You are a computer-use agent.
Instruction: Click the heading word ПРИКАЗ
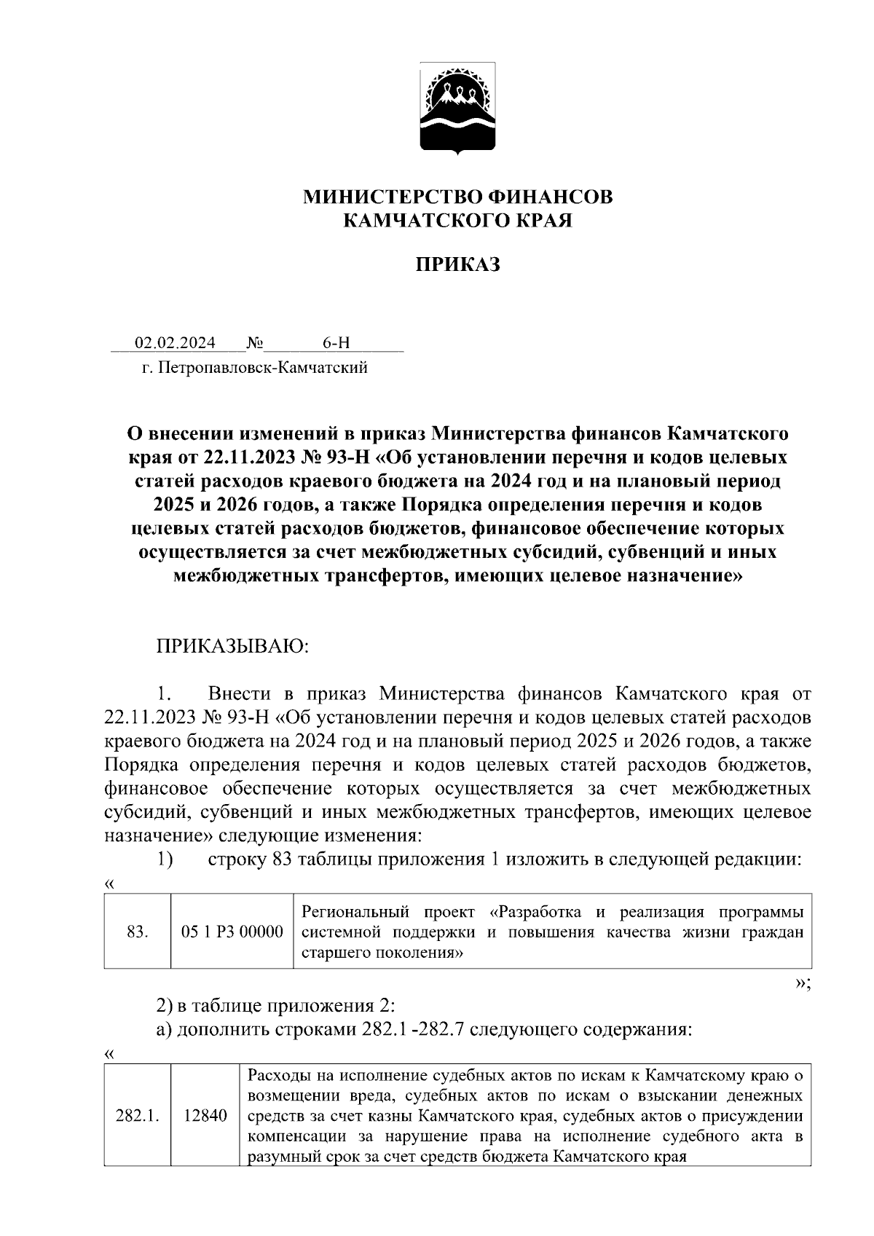click(x=458, y=264)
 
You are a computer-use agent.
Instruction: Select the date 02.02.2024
click(x=175, y=342)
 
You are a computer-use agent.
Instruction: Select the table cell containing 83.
click(x=137, y=932)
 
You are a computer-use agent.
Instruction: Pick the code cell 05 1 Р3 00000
click(x=232, y=932)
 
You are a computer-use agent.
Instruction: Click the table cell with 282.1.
click(x=137, y=1116)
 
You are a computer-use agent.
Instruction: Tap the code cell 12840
click(x=205, y=1116)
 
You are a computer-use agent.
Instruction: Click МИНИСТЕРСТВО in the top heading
click(x=392, y=197)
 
